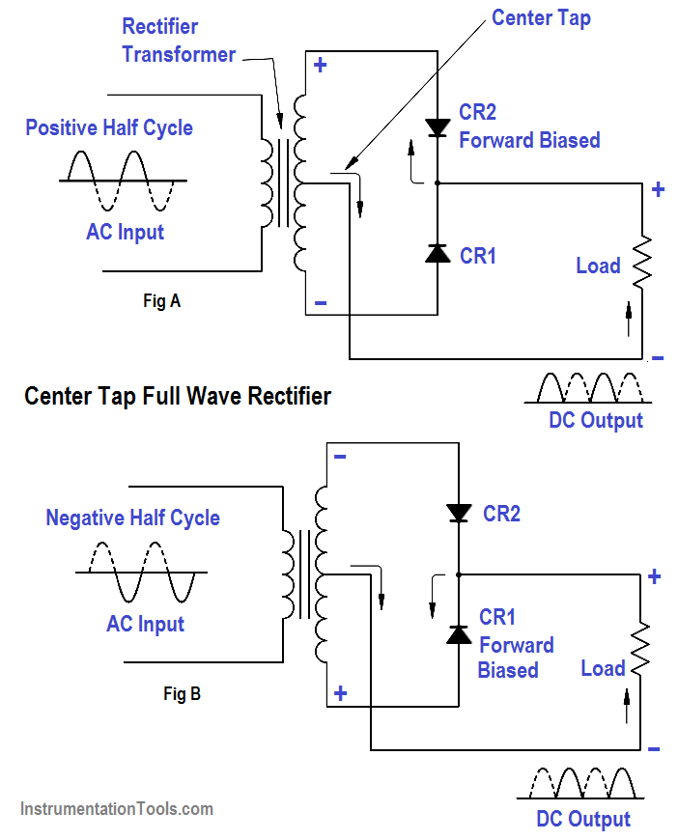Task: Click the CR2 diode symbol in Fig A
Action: click(x=438, y=126)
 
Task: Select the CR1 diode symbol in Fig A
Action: click(x=438, y=253)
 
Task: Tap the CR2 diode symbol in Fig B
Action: click(x=458, y=514)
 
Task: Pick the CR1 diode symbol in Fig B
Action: click(x=458, y=634)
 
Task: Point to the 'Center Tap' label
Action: click(x=540, y=18)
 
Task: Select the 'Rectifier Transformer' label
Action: click(x=179, y=41)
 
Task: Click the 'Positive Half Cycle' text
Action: click(x=109, y=127)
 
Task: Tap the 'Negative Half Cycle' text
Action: click(x=132, y=518)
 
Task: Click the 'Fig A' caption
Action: click(x=161, y=300)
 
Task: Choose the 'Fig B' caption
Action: click(x=182, y=693)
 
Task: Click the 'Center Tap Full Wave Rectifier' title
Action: click(x=178, y=396)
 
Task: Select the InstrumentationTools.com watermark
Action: click(x=116, y=809)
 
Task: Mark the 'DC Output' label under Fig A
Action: click(x=595, y=420)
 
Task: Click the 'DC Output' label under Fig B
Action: click(x=583, y=819)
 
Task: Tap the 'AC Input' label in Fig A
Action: click(x=125, y=232)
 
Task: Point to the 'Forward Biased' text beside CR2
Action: click(x=529, y=140)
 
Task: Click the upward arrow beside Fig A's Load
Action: click(x=629, y=318)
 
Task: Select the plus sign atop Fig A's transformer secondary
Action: click(x=320, y=66)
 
